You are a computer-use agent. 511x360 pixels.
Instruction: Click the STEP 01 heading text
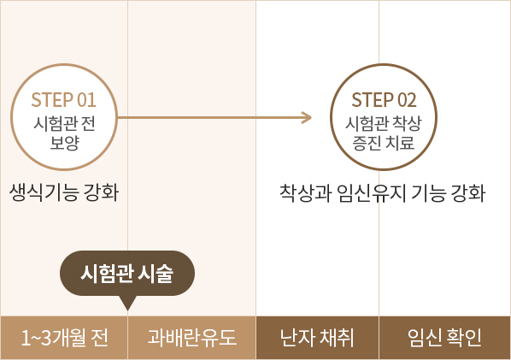click(64, 100)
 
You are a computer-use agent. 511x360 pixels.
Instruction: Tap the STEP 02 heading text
click(384, 100)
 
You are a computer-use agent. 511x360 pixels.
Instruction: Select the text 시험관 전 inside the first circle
click(64, 124)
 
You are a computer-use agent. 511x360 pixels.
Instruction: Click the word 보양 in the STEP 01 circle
click(65, 143)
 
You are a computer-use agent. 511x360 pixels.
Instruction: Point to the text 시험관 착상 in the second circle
click(384, 124)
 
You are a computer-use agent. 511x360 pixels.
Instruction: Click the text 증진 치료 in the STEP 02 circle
click(384, 143)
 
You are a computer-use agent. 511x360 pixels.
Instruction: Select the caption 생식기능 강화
click(64, 192)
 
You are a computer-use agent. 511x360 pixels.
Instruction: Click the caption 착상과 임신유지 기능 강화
click(383, 193)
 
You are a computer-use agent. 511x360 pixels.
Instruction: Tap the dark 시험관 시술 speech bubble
click(127, 274)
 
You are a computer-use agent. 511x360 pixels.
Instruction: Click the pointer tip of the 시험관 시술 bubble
click(128, 310)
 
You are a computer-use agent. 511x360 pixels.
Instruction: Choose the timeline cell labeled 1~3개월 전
click(64, 338)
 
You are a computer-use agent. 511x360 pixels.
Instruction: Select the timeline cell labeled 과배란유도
click(192, 338)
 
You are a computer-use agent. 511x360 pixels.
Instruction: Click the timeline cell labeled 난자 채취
click(317, 338)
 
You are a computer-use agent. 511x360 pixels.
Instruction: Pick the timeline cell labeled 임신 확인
click(445, 338)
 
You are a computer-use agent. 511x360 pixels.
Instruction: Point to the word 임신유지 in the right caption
click(372, 193)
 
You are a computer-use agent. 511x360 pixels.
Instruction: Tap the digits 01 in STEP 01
click(86, 100)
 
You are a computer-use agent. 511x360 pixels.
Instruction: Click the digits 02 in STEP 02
click(407, 100)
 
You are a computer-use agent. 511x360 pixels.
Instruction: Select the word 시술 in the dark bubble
click(156, 274)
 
